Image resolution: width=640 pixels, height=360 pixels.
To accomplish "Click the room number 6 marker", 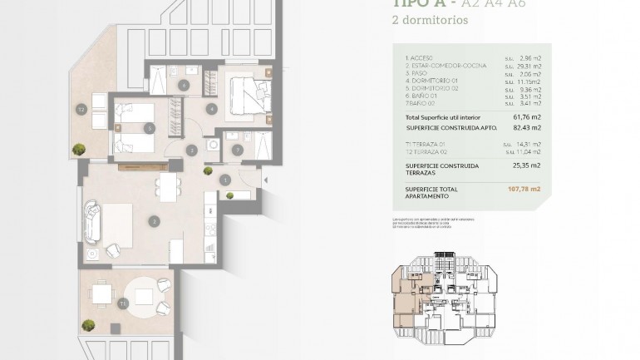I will coord(184,85).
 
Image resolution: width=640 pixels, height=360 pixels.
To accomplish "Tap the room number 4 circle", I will coord(213,109).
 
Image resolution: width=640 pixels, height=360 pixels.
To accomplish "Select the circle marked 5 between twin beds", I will coord(149,128).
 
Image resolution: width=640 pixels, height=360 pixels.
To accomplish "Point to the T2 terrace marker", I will coord(81,109).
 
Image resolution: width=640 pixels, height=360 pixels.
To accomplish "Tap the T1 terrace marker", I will coord(122,304).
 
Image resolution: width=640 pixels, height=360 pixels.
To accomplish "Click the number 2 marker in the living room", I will coord(154,221).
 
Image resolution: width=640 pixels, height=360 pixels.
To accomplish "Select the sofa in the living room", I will coord(91,220).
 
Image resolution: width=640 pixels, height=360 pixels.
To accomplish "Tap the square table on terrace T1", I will coord(102,294).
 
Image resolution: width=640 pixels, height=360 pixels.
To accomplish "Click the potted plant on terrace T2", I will coord(79,150).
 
